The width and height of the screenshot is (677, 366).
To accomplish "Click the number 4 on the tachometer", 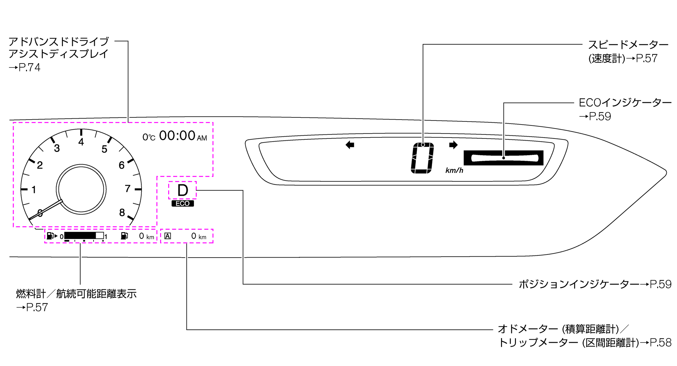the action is [x=81, y=142].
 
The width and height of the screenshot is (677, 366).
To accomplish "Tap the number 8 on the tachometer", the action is [x=122, y=212].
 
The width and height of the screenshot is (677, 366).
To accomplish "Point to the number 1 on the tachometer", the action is [x=34, y=190].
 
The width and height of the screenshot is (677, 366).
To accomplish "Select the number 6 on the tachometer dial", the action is [x=122, y=165].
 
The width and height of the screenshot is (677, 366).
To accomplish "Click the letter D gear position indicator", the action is [x=183, y=190].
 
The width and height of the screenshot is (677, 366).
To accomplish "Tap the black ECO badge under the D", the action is [x=183, y=203].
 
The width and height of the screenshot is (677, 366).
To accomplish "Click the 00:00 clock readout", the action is [x=177, y=136].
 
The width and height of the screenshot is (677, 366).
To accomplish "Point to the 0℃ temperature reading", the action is [x=149, y=137].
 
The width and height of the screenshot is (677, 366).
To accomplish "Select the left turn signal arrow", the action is [x=350, y=145].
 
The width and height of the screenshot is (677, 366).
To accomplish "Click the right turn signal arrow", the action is [x=453, y=145].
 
